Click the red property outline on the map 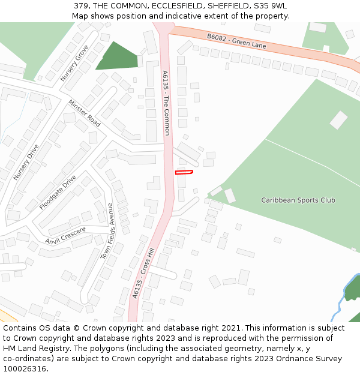(x=184, y=172)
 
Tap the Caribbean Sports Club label (x=298, y=200)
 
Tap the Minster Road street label (x=85, y=113)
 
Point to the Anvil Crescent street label (x=65, y=235)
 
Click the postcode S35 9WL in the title (x=274, y=6)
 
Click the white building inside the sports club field (x=338, y=119)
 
